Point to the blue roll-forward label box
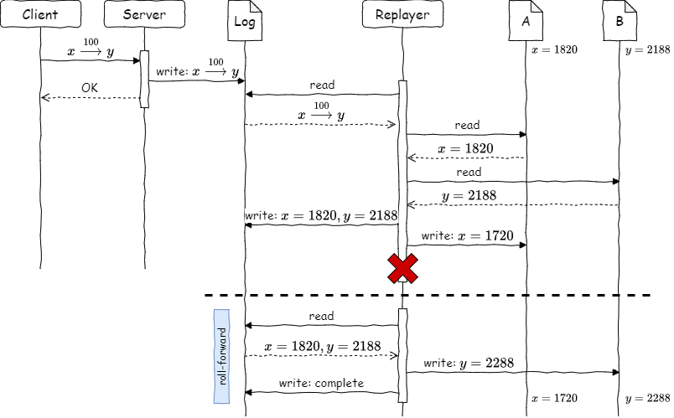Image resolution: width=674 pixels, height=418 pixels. pos(222,356)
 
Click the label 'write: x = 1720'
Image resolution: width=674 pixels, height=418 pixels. pos(467,236)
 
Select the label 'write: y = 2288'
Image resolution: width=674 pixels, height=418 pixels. pos(469,364)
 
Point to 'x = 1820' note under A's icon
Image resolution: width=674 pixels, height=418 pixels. pos(554,50)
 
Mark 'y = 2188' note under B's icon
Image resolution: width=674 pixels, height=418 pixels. pos(647,50)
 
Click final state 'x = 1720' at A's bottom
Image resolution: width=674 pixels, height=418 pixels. pos(554,397)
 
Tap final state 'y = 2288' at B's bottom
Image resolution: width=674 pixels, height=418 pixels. pos(647,397)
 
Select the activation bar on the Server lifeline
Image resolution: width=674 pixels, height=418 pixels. pos(143,79)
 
